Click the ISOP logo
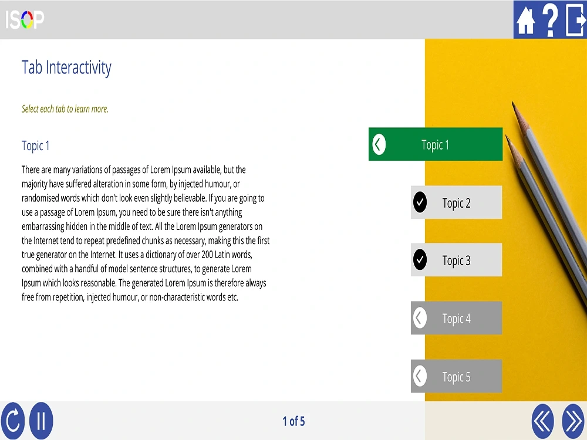click(25, 20)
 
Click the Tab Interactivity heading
click(66, 67)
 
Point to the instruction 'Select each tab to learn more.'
click(65, 109)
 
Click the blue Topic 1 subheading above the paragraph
click(36, 145)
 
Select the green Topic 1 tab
click(436, 144)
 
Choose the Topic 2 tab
click(456, 203)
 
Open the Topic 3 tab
click(456, 260)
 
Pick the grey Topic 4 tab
click(456, 319)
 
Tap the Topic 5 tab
click(456, 377)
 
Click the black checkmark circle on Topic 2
click(420, 202)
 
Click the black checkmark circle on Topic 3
click(420, 260)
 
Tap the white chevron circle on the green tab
click(379, 144)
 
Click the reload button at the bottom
click(12, 421)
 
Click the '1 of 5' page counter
click(293, 421)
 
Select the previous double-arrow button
click(543, 421)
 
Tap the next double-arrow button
click(573, 421)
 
